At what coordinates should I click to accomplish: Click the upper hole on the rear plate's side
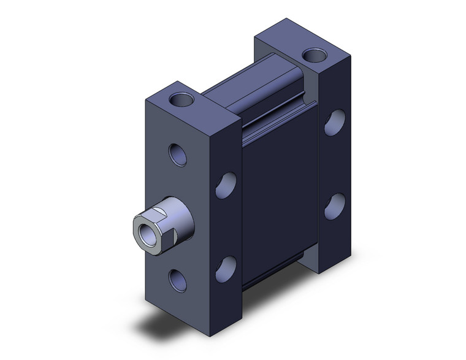pyautogui.click(x=334, y=123)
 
